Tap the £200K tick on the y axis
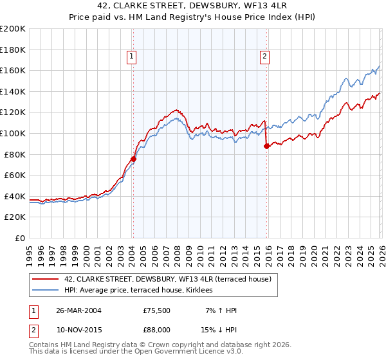click(x=13, y=29)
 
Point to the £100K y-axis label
click(x=13, y=133)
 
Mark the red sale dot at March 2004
click(x=133, y=159)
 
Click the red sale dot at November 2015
click(x=266, y=146)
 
